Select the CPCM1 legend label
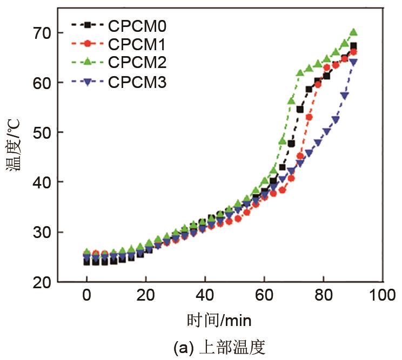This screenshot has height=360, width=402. click(137, 44)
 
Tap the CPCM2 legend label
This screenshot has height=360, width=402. click(137, 63)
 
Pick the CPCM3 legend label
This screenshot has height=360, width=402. click(137, 82)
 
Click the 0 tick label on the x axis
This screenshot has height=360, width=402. click(86, 296)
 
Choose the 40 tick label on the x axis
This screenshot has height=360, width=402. click(205, 296)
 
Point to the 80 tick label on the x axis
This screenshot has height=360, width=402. click(324, 296)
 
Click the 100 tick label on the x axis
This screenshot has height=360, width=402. click(383, 296)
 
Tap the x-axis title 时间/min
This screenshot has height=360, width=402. click(219, 321)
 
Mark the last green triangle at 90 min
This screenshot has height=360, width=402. click(353, 32)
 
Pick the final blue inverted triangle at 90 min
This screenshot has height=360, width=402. click(353, 62)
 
